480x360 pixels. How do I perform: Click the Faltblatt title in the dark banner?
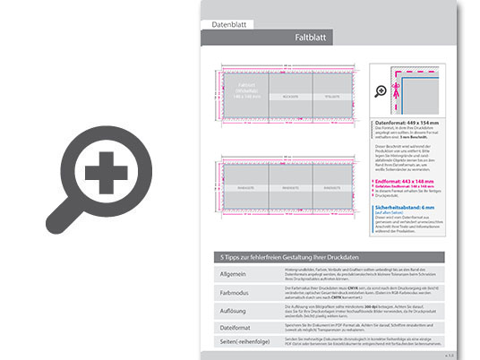[313, 39]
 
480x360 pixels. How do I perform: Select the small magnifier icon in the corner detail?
[381, 91]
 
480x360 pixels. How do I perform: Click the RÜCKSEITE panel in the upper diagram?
[288, 93]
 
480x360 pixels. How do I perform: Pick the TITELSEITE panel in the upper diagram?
[331, 93]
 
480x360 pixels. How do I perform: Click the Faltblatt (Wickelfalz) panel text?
[244, 90]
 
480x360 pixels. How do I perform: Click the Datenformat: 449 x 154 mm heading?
[406, 122]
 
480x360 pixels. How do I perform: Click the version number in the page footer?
[448, 355]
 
